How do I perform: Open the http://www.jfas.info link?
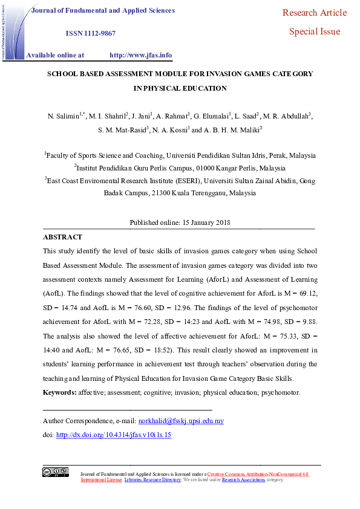(140, 55)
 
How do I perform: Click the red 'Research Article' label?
(314, 13)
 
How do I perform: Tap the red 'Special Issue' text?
(314, 31)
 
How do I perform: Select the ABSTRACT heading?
(62, 237)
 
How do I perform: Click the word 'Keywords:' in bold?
(59, 393)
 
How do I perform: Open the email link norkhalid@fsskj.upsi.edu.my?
(181, 421)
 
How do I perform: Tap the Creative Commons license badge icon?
(55, 472)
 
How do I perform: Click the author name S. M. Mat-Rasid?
(119, 129)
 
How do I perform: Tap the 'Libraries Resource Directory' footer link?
(152, 479)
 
